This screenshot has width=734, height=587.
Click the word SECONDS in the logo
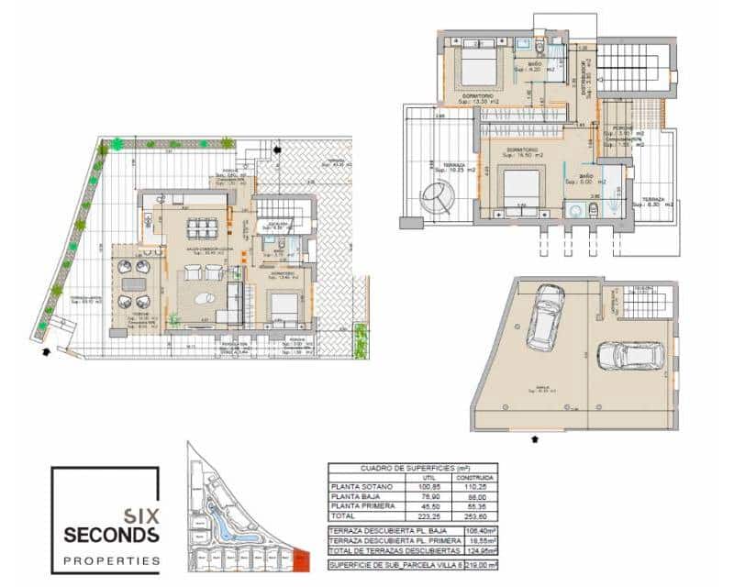click(x=112, y=534)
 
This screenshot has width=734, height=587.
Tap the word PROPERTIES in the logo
click(x=112, y=559)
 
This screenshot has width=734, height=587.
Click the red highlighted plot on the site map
click(x=302, y=558)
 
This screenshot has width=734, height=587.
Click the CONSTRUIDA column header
click(x=474, y=477)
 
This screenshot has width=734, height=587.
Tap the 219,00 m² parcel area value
click(x=478, y=567)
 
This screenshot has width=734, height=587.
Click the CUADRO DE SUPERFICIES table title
click(x=412, y=468)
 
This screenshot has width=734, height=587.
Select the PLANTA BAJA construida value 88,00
click(x=474, y=496)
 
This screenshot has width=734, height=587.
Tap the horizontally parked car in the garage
click(x=630, y=356)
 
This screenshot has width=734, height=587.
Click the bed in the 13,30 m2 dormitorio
click(x=477, y=67)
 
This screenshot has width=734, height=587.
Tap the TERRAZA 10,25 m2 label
click(x=456, y=166)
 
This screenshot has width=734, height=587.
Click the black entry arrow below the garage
click(x=535, y=440)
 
